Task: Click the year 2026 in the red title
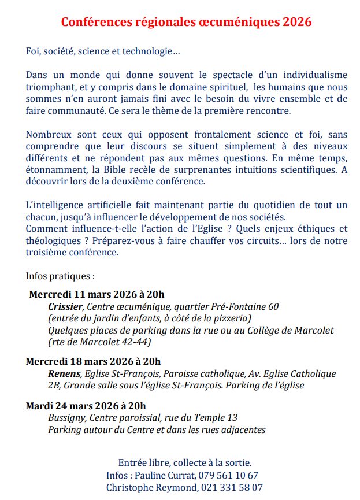click(296, 23)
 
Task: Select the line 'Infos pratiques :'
click(60, 276)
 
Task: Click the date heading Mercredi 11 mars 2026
click(97, 294)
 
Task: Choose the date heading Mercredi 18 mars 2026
click(93, 362)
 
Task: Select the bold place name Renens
click(64, 374)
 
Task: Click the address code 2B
click(54, 386)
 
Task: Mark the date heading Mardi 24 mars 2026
click(86, 405)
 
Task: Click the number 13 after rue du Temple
click(232, 417)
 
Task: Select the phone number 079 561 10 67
click(228, 475)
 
